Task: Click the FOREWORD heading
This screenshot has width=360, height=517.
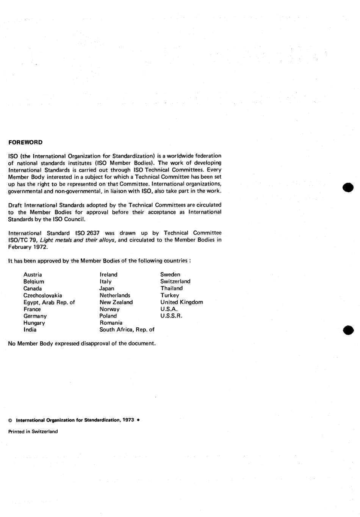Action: pyautogui.click(x=25, y=143)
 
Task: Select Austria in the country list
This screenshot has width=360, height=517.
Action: pyautogui.click(x=33, y=275)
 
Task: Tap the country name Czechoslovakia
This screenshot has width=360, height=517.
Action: pyautogui.click(x=43, y=295)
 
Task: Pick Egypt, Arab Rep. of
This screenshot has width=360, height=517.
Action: pyautogui.click(x=49, y=302)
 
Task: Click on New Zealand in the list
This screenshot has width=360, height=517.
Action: pyautogui.click(x=116, y=302)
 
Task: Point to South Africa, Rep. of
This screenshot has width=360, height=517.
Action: pyautogui.click(x=127, y=330)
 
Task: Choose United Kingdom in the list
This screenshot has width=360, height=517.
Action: pyautogui.click(x=182, y=302)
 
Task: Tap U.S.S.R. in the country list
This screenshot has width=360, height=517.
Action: pyautogui.click(x=171, y=316)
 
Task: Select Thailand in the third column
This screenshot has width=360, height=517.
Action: pyautogui.click(x=171, y=288)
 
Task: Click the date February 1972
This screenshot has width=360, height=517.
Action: pyautogui.click(x=28, y=247)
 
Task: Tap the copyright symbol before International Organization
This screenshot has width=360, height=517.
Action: pyautogui.click(x=10, y=421)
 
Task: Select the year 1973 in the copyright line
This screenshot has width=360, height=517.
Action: pyautogui.click(x=128, y=420)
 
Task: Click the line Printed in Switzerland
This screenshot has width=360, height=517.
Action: pyautogui.click(x=33, y=432)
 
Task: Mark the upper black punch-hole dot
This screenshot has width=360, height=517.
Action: pyautogui.click(x=347, y=187)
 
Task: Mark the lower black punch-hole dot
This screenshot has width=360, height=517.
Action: pyautogui.click(x=347, y=330)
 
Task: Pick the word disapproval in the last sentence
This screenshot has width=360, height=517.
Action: pyautogui.click(x=95, y=344)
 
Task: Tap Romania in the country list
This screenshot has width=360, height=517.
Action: pyautogui.click(x=111, y=323)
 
